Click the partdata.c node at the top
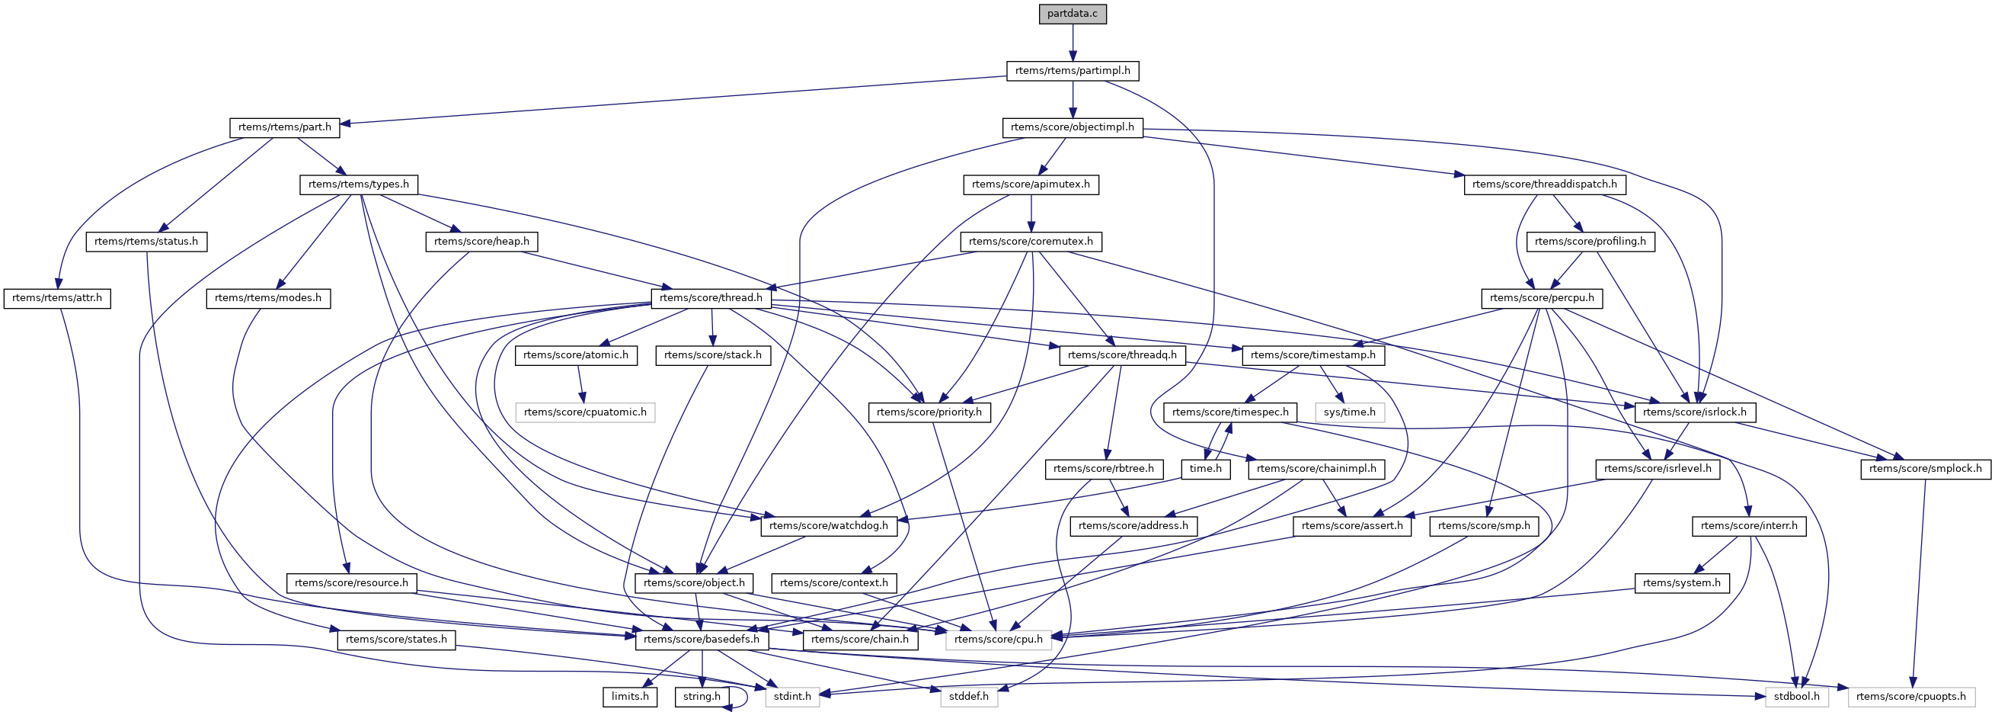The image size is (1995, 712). (1073, 14)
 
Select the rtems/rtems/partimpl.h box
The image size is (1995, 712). (1073, 70)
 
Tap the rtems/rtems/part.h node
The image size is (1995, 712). (284, 127)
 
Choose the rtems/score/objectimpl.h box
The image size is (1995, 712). (1073, 127)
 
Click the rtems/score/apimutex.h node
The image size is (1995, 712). (1031, 184)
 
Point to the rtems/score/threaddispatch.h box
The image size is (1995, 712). (1544, 184)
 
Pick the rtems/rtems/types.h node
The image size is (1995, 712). (359, 184)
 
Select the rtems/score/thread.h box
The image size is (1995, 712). (711, 298)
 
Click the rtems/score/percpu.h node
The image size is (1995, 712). (1542, 298)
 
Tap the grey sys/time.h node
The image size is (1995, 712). (1350, 412)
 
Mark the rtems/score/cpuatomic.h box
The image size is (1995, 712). (585, 412)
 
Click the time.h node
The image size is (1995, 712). (1205, 469)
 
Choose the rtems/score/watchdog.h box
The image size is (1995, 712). (829, 526)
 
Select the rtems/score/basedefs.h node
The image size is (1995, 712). (702, 640)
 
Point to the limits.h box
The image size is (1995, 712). (630, 697)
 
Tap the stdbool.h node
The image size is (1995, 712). (1798, 697)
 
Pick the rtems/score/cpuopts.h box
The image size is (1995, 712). (1910, 697)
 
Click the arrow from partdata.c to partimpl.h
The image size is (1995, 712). (1073, 43)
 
